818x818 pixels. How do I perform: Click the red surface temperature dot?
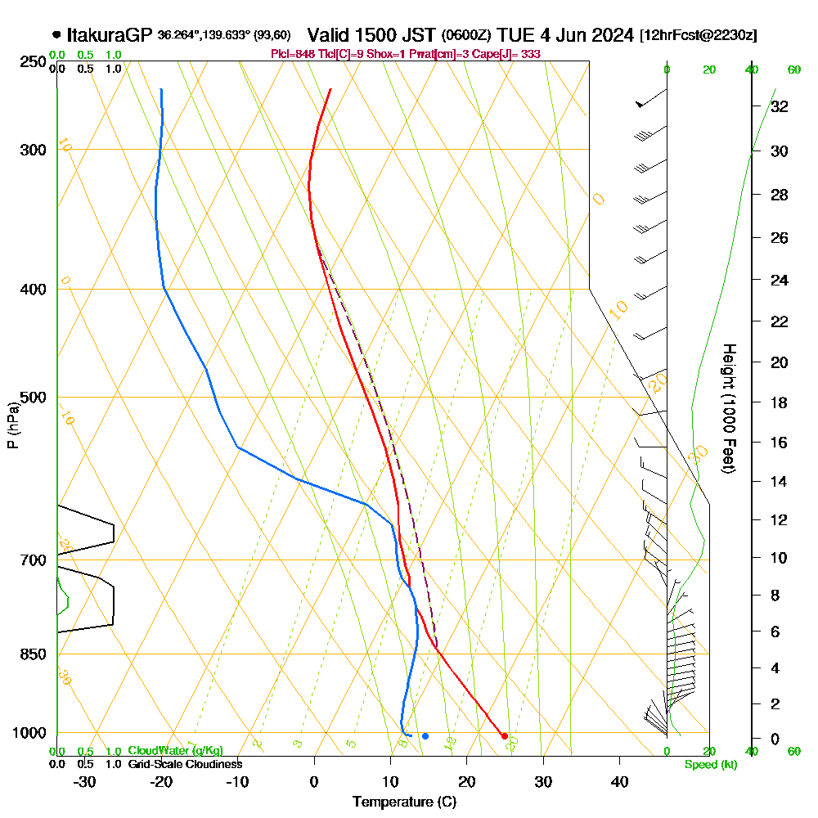tap(505, 736)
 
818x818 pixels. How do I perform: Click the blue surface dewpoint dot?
tap(425, 736)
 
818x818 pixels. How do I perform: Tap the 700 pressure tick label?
tap(33, 560)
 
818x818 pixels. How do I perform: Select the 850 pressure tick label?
tap(33, 654)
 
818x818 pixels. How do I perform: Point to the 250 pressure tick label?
tap(33, 62)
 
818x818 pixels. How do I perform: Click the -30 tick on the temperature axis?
tap(84, 781)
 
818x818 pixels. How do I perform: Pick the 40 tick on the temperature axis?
tap(619, 781)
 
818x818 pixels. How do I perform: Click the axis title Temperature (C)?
tap(404, 802)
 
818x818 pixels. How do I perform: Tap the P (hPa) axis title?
tap(12, 425)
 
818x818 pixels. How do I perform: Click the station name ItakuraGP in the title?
tap(109, 35)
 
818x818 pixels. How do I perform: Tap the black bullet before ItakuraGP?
tap(56, 35)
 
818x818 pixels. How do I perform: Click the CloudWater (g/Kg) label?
tap(175, 751)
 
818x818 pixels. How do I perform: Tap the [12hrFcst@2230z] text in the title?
tap(699, 35)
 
